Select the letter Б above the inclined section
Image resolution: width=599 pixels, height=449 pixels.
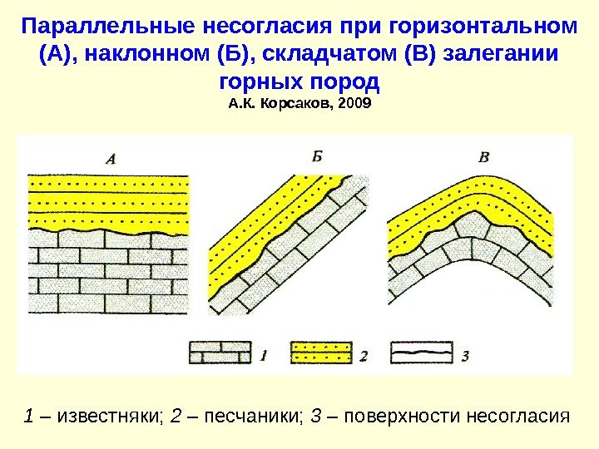317,155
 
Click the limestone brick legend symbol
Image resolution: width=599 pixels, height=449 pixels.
220,352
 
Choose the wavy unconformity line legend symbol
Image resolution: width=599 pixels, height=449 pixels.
422,352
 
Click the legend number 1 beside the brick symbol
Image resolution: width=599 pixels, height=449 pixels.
263,355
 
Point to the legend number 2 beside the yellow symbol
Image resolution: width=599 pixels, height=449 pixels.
364,356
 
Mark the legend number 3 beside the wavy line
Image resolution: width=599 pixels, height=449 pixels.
465,356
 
